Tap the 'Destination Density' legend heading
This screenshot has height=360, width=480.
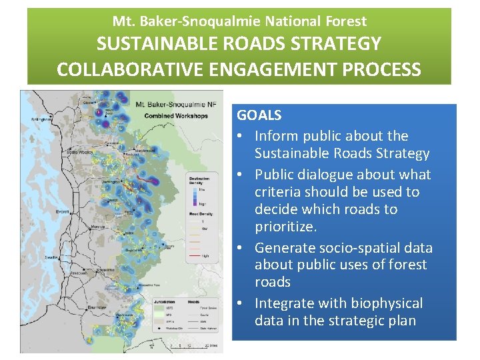click(199, 179)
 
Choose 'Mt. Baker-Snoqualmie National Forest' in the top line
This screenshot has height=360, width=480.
click(239, 21)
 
